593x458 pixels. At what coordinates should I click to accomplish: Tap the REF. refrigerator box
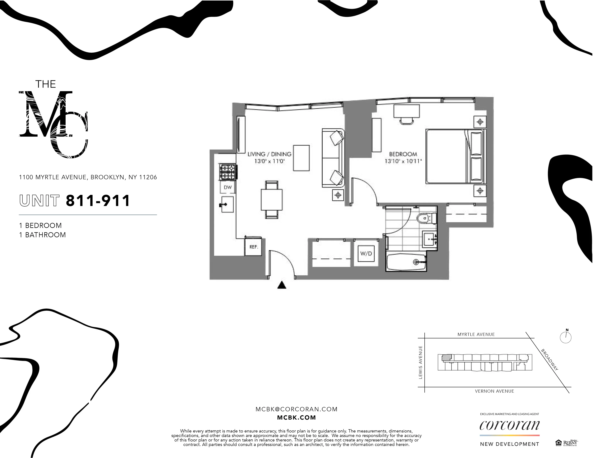[253, 247]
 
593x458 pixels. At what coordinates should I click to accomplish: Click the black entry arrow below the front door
[282, 285]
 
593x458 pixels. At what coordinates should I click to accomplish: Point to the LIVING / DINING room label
[269, 154]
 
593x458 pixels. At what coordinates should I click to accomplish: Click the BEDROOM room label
[403, 154]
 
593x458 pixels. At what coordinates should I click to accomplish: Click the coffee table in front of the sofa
[301, 158]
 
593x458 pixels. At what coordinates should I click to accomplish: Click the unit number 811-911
[98, 201]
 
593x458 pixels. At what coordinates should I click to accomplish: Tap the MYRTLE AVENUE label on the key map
[476, 334]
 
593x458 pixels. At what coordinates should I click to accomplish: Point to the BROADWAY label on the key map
[550, 360]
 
